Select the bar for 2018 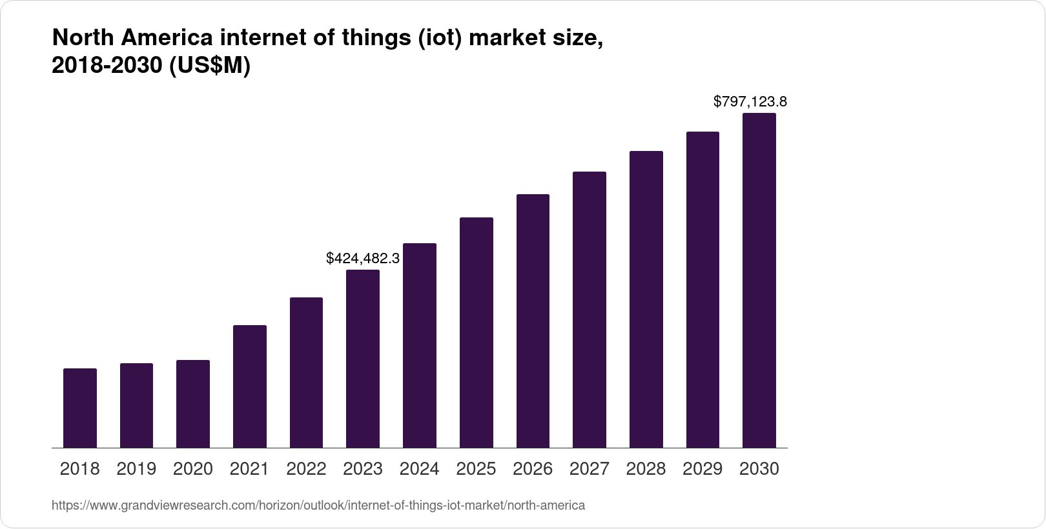[x=80, y=408]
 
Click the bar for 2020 [x=193, y=404]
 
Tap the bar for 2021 [x=250, y=386]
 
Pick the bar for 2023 [x=363, y=359]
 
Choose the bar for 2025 [x=477, y=332]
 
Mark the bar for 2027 [x=590, y=310]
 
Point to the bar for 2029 [x=702, y=290]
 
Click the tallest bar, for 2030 [x=759, y=281]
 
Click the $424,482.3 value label [x=363, y=259]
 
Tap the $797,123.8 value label [x=750, y=102]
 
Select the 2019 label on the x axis [x=136, y=469]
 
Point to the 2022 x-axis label [x=306, y=469]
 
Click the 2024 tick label [x=420, y=469]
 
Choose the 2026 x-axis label [x=533, y=469]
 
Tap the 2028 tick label [x=646, y=469]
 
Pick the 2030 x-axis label [x=759, y=469]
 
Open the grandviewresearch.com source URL [x=318, y=506]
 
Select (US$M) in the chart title [x=209, y=66]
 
